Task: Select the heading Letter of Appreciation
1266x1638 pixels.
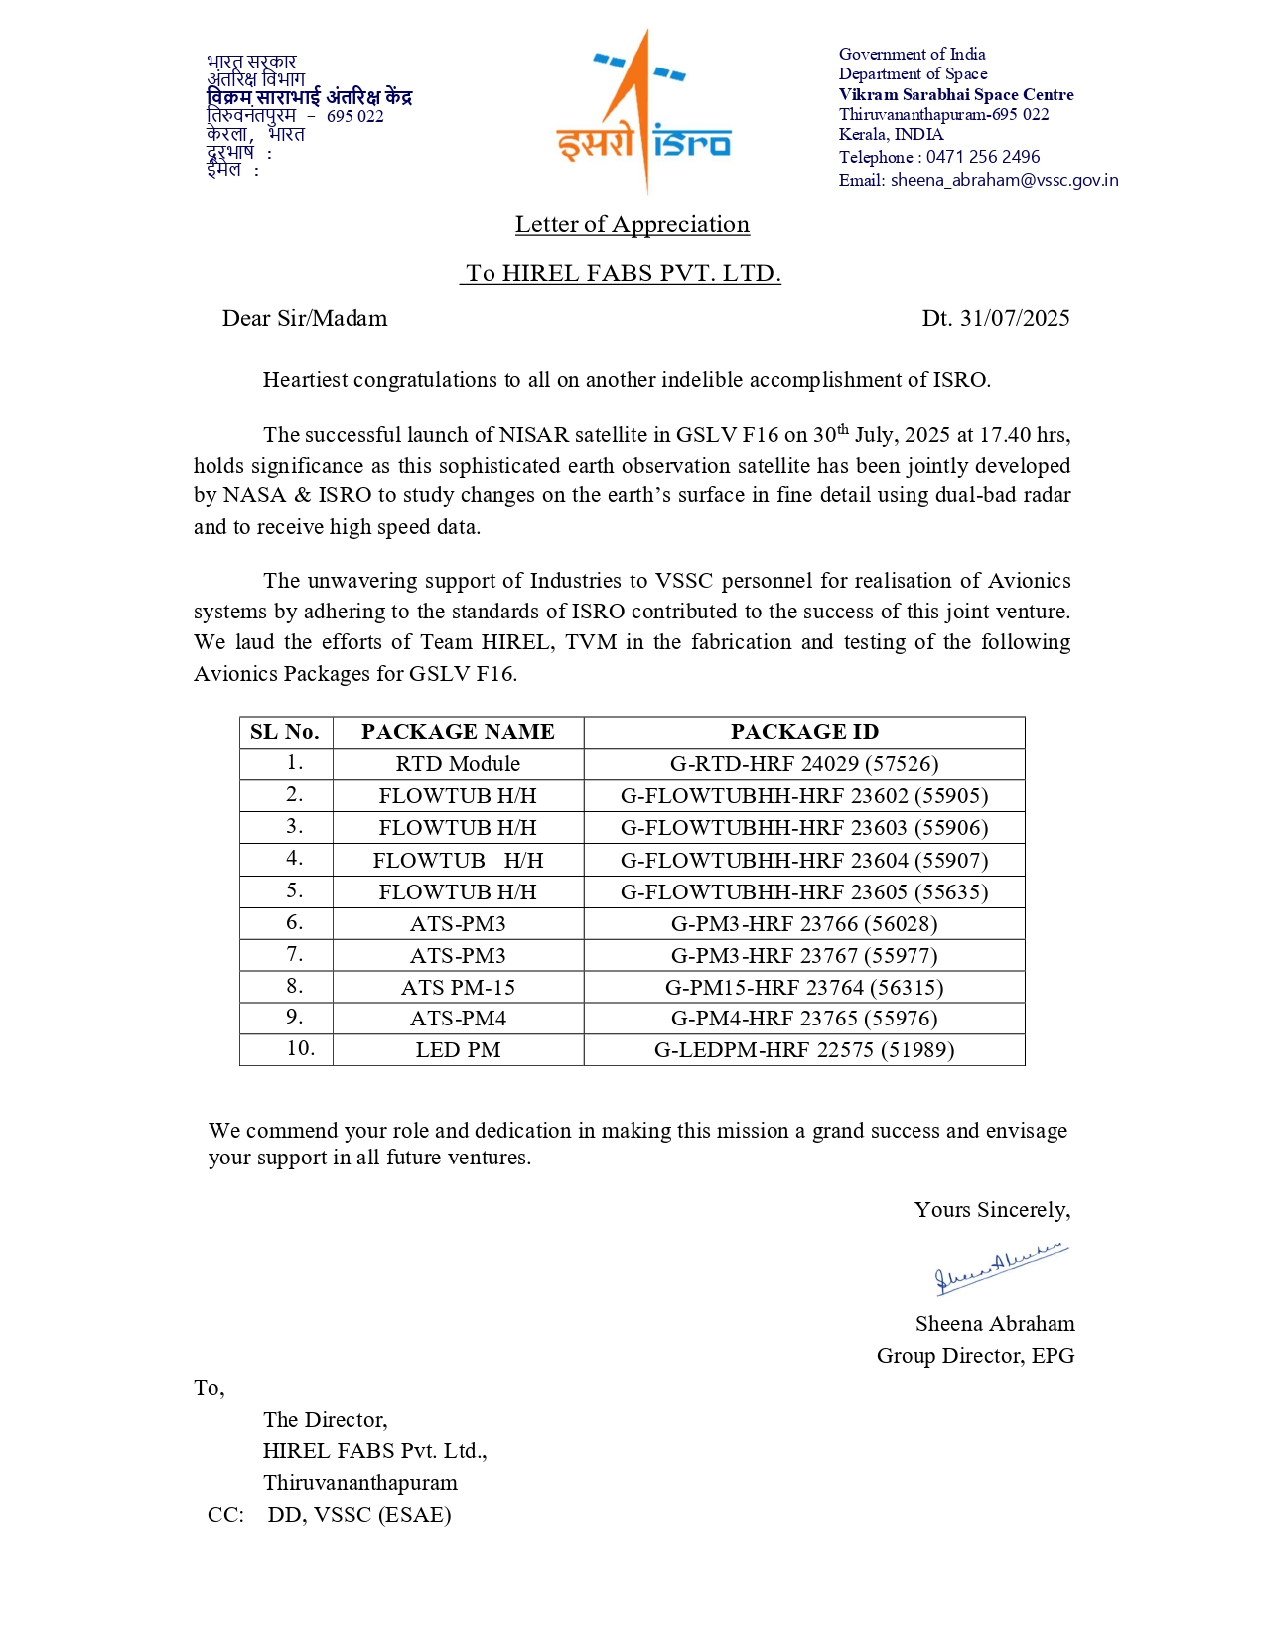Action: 632,224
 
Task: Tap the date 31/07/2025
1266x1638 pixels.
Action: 1014,318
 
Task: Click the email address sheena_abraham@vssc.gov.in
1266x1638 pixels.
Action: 1004,180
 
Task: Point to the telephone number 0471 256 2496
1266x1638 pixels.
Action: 983,157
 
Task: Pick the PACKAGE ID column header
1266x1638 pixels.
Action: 804,732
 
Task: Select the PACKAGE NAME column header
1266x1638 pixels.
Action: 458,732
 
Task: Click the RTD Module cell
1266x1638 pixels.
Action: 458,763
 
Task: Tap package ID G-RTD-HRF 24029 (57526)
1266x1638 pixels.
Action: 804,763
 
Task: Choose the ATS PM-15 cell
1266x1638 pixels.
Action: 458,987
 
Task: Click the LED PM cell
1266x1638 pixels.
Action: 458,1050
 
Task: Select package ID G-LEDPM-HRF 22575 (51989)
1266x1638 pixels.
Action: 804,1050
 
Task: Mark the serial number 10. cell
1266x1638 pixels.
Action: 300,1048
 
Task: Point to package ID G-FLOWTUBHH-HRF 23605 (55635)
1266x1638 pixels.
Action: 804,891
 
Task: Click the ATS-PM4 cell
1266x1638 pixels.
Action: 458,1019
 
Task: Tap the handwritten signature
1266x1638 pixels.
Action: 1000,1268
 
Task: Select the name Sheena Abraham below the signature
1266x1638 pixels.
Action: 995,1324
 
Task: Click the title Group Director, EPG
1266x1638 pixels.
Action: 975,1356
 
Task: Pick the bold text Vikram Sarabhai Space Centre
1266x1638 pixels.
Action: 956,95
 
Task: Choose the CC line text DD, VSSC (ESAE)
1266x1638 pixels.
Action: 359,1515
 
